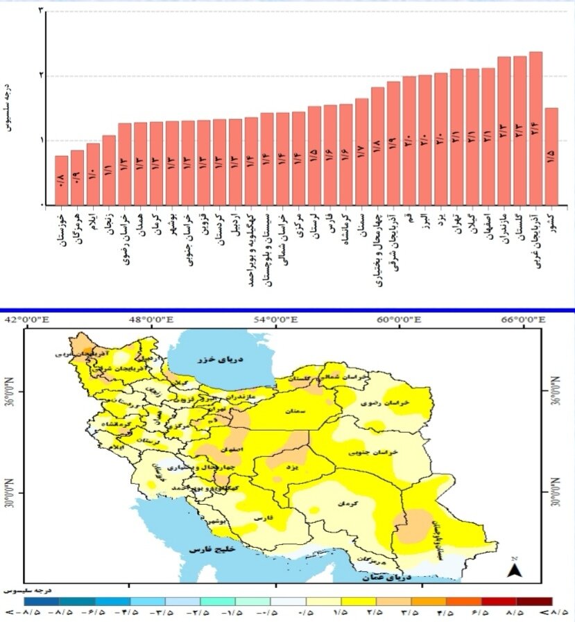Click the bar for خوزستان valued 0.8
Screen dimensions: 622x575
point(62,180)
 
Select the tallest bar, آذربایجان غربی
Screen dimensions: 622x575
point(535,128)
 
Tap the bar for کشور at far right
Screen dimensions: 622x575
point(551,157)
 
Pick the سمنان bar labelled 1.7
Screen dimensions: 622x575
point(361,152)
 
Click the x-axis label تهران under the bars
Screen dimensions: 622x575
point(457,224)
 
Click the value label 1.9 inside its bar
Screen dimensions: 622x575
point(393,146)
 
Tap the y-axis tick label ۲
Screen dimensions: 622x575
point(41,76)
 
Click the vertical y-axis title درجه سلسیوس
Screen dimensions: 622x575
point(9,108)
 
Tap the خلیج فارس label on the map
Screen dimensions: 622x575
point(209,549)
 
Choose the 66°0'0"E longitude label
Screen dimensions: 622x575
point(524,320)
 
